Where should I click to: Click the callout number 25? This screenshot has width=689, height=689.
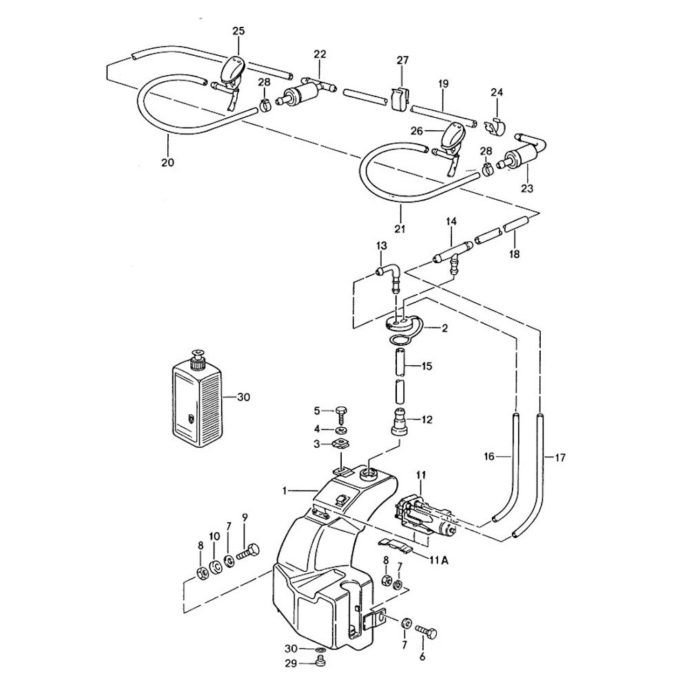point(238,31)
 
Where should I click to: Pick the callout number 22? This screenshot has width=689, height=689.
point(320,54)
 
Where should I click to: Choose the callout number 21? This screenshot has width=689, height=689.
point(400,228)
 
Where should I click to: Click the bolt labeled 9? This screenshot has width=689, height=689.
point(249,551)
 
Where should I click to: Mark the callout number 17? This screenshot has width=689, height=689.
point(559,457)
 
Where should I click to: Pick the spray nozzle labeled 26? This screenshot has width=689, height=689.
point(451,136)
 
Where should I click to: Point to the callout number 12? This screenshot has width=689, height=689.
point(427,419)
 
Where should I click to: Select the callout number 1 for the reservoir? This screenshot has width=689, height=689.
point(284,491)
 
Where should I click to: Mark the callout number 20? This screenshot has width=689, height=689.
point(167,163)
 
